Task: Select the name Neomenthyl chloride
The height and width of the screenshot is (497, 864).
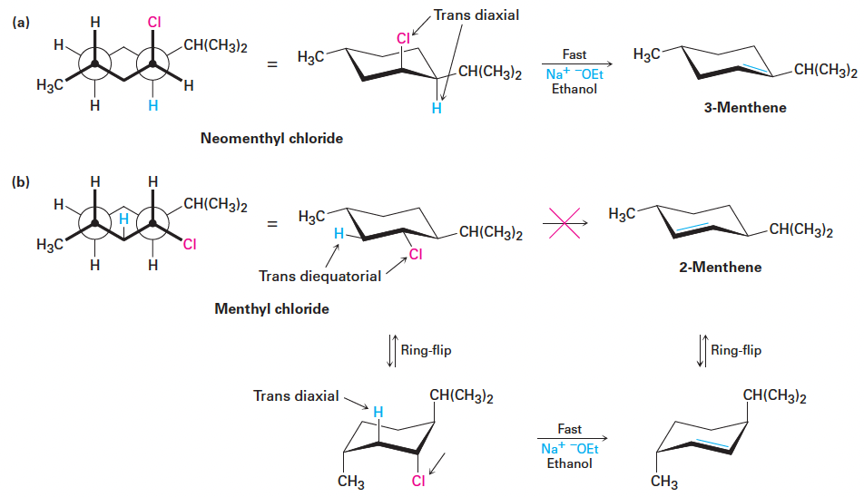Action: click(271, 139)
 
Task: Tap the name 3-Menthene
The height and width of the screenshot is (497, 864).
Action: click(745, 108)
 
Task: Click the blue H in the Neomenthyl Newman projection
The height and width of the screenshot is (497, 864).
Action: click(152, 106)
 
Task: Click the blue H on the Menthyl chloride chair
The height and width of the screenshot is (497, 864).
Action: click(339, 234)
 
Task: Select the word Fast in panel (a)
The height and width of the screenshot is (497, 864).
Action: click(574, 55)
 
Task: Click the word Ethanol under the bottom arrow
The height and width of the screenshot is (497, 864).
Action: click(570, 463)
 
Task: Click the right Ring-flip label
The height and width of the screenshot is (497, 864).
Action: click(736, 349)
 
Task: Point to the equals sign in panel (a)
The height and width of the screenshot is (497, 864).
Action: click(271, 64)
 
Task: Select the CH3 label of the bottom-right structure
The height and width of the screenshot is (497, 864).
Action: click(664, 482)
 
